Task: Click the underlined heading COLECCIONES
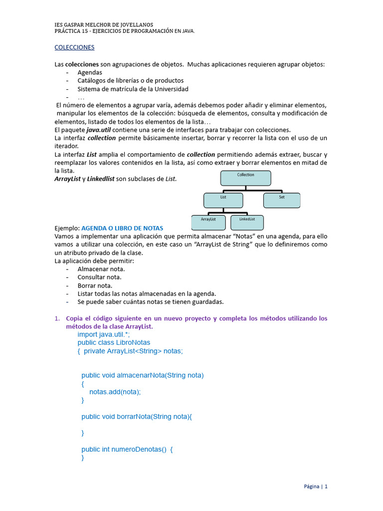pos(74,47)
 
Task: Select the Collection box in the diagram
pos(246,178)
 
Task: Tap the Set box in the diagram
pos(282,200)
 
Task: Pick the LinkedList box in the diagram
pos(247,222)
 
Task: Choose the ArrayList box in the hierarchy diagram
pos(208,223)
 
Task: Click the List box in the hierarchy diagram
pos(223,200)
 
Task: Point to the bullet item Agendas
pos(90,72)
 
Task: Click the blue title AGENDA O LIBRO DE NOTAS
pos(122,228)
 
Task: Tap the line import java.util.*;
pos(104,334)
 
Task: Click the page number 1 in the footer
pos(326,487)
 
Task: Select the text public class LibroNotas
pos(114,343)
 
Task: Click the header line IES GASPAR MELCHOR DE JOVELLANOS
pos(104,24)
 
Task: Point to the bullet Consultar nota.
pos(99,277)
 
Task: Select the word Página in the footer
pos(312,487)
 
